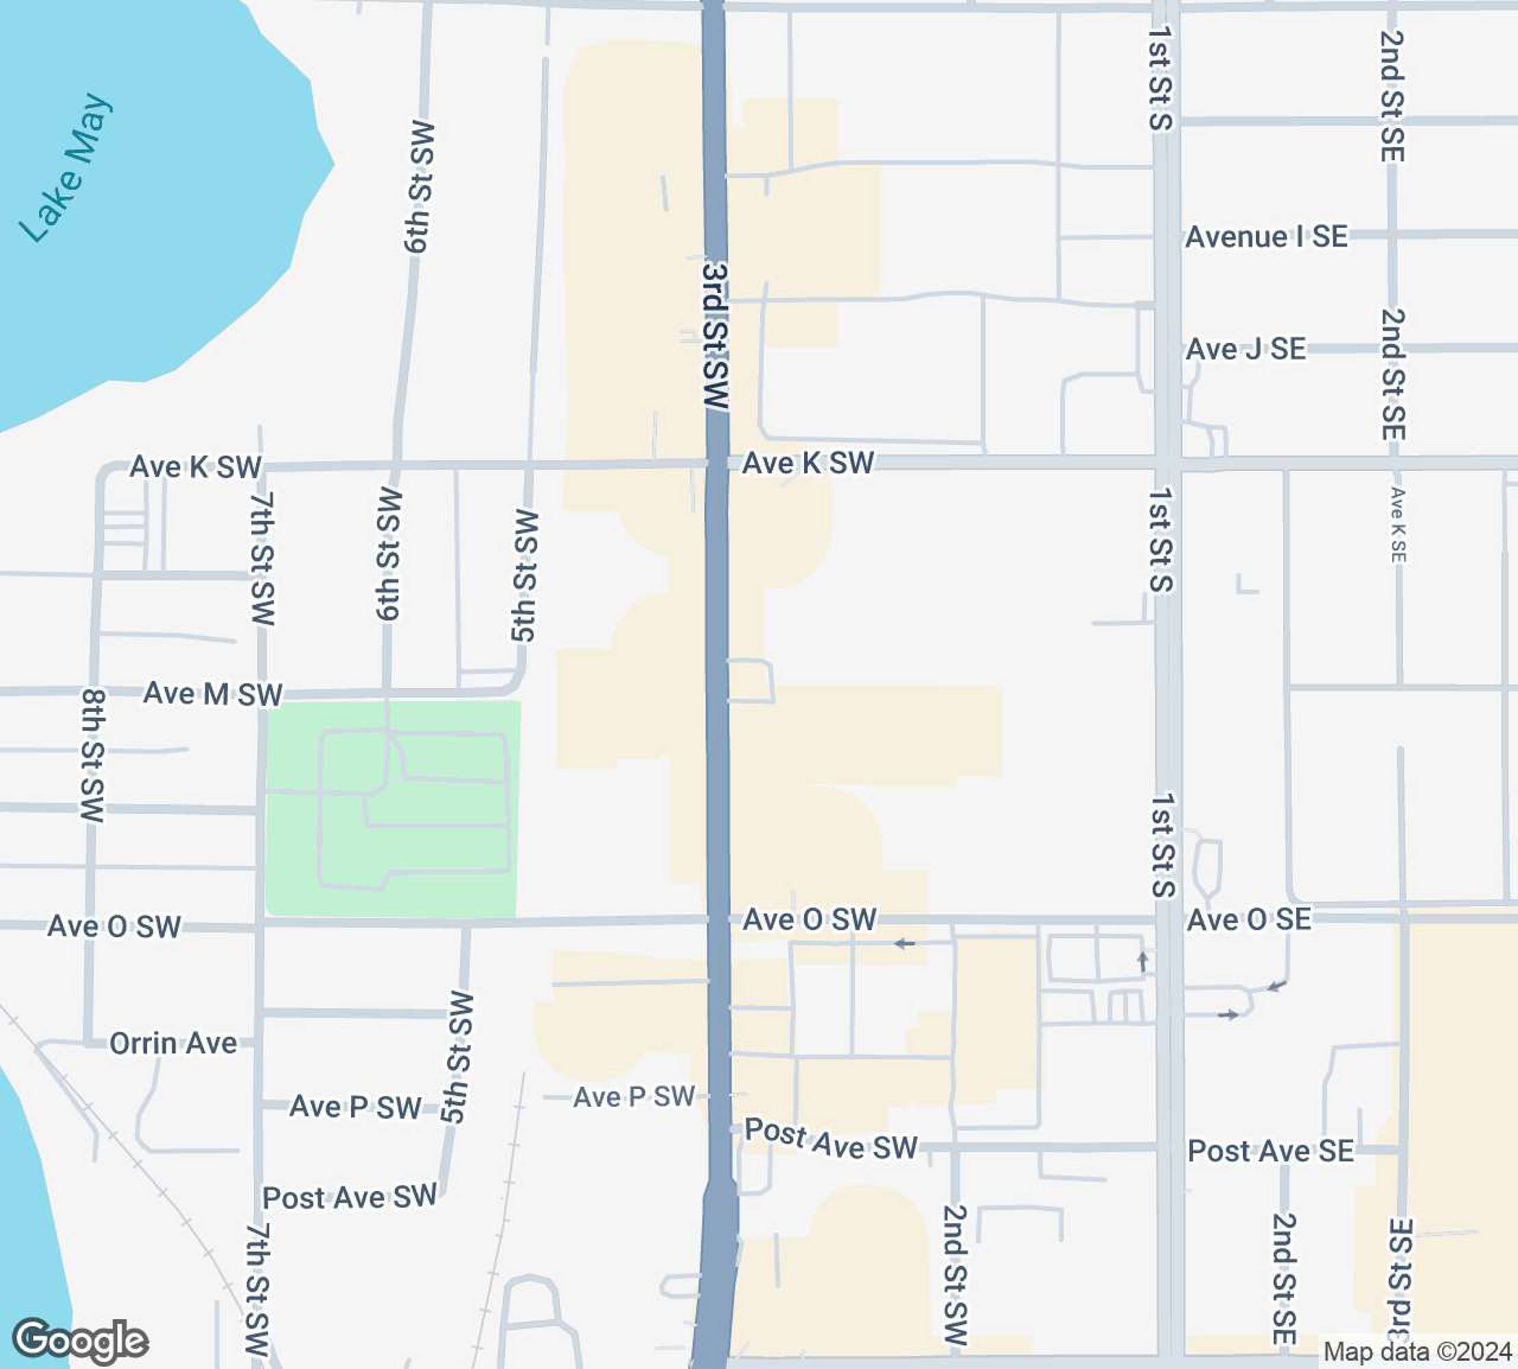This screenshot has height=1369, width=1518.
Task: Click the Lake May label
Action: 66,168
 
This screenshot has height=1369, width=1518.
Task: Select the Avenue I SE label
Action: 1266,237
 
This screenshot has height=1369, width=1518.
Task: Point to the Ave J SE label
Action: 1246,349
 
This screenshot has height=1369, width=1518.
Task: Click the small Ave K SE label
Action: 1397,525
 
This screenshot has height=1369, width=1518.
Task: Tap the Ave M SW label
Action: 213,693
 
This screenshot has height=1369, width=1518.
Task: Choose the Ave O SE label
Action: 1249,919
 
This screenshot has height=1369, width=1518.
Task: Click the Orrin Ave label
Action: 173,1043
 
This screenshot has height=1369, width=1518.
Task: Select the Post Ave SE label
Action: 1270,1151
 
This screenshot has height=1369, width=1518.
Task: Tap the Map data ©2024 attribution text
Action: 1417,1351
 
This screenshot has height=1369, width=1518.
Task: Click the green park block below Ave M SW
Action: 451,888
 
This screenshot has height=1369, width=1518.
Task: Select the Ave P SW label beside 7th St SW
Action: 355,1106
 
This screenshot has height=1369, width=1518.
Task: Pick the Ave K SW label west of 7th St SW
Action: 196,467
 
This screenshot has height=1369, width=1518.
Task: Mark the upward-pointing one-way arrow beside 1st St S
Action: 1143,960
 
